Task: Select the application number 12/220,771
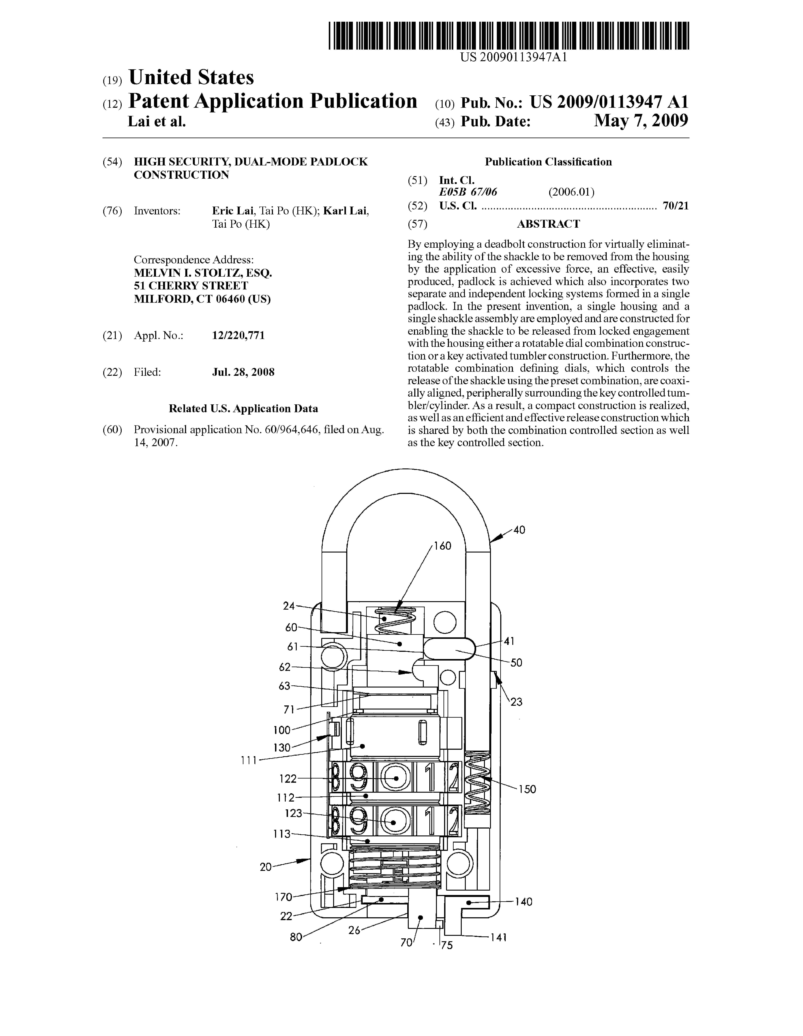click(238, 336)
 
